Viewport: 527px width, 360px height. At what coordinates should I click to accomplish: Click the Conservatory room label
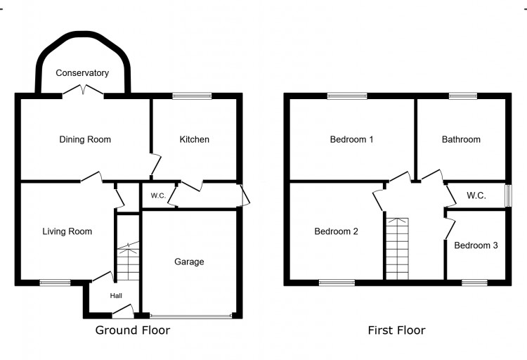(x=83, y=73)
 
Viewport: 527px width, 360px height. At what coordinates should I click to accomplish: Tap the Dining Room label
(x=84, y=139)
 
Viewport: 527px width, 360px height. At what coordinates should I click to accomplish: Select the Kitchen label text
(x=194, y=139)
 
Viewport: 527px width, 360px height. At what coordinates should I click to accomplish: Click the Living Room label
(x=67, y=231)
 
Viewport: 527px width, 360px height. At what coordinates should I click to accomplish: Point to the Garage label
(x=189, y=262)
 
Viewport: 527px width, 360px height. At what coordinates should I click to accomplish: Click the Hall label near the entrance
(x=115, y=296)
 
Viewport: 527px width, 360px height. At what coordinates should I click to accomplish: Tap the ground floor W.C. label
(x=158, y=195)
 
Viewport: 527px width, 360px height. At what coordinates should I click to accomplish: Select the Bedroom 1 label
(x=351, y=139)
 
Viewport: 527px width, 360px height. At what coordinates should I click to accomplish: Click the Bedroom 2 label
(x=336, y=231)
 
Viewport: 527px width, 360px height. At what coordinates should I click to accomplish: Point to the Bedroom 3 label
(x=476, y=245)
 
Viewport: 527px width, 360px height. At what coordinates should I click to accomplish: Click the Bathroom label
(x=461, y=139)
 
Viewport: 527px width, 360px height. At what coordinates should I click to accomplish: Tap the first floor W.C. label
(x=476, y=195)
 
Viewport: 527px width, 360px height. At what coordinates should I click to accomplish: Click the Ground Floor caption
(x=132, y=330)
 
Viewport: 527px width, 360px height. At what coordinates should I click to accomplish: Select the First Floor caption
(x=396, y=330)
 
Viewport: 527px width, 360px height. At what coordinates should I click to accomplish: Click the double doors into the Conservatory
(x=84, y=91)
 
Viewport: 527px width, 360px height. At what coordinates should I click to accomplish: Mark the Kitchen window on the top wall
(x=193, y=96)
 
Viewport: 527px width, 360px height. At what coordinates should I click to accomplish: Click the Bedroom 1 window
(x=346, y=96)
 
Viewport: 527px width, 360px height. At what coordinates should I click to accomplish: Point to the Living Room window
(x=55, y=283)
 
